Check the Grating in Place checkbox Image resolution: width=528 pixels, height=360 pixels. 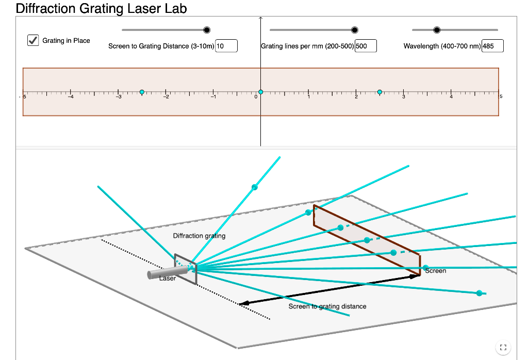coord(33,40)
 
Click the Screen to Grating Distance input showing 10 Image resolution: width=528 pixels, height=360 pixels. coord(226,46)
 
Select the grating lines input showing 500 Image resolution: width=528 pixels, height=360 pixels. coord(366,46)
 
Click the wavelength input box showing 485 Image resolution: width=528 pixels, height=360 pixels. coord(492,46)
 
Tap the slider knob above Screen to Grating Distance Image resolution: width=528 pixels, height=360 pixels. coord(207,30)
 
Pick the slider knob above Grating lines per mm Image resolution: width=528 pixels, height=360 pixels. coord(355,30)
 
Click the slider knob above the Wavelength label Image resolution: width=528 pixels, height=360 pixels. coord(437,30)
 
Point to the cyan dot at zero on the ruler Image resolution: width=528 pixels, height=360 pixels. coord(260,92)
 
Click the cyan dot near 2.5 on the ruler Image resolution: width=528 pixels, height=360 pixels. coord(379,92)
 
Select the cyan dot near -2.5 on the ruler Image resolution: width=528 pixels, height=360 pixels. coord(142,92)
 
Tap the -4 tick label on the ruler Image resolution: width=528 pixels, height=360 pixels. coord(71,97)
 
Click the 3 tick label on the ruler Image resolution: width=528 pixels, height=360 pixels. coord(404,97)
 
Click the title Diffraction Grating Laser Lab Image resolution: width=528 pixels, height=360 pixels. coord(102,8)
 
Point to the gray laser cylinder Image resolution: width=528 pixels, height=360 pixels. coord(168,272)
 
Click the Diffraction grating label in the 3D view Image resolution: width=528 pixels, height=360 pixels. coord(199,236)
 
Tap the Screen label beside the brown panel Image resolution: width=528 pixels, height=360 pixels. coord(435,271)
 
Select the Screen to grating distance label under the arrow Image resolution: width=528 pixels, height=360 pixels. coord(327,306)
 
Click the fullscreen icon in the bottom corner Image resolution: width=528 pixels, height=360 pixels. coord(503,348)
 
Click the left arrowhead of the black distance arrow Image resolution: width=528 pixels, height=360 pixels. coord(244,303)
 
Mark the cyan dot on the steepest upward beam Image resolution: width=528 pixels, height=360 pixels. coord(255,187)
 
